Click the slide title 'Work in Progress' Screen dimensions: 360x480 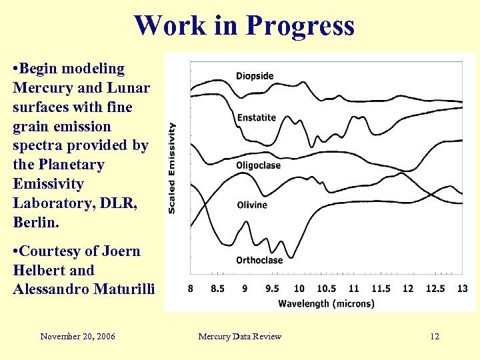click(244, 26)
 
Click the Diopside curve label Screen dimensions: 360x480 click(255, 76)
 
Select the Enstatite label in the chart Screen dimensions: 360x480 click(256, 118)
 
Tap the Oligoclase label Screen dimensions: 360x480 click(258, 165)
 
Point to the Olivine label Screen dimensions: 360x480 click(252, 205)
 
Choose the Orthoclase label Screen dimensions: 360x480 click(259, 260)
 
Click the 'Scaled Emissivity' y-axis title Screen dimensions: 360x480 click(172, 167)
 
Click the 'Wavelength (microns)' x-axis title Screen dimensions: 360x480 click(326, 304)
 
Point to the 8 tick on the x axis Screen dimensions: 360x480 click(191, 289)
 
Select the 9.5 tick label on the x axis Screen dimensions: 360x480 click(272, 289)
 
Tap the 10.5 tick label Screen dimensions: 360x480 click(326, 289)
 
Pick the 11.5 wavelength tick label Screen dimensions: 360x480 click(380, 289)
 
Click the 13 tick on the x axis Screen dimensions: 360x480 click(462, 289)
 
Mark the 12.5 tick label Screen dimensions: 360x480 click(435, 289)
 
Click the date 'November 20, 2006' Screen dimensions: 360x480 click(77, 337)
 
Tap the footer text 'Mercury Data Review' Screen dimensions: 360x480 click(240, 337)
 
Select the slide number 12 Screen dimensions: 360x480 click(435, 337)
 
